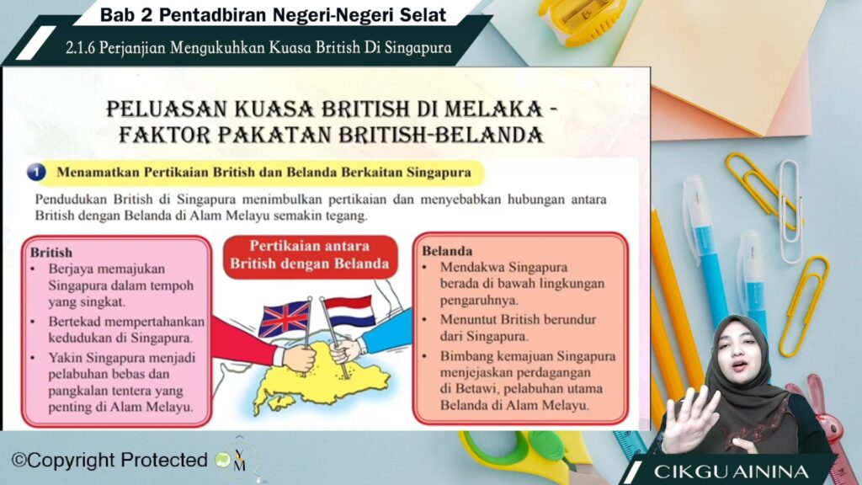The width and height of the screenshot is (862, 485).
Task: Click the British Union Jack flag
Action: (285, 318)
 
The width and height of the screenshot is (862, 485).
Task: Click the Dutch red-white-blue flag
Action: (349, 312)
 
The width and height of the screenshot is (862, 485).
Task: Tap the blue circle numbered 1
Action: (37, 172)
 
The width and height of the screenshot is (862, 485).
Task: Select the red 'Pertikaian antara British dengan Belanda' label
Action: (310, 255)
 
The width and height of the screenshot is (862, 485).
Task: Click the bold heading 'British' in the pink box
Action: (51, 253)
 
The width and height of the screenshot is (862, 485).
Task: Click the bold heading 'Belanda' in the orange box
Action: (447, 251)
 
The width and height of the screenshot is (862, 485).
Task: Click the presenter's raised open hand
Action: (690, 418)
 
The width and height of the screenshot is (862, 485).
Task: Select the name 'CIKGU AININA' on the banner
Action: (731, 472)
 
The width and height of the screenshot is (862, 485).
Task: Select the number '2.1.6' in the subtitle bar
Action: (80, 48)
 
